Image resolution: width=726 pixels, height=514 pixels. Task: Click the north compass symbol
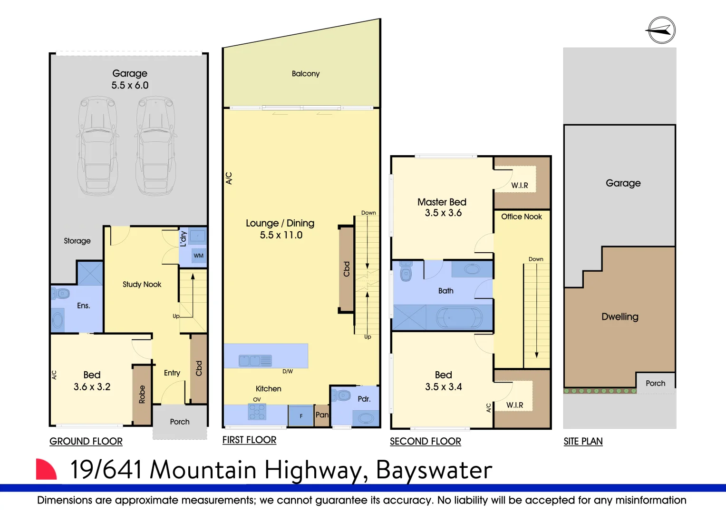point(662,30)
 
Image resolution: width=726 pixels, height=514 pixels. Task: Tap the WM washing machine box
point(198,256)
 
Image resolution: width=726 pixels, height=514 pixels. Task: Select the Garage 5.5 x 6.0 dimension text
point(130,85)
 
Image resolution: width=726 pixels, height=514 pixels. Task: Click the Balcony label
point(306,74)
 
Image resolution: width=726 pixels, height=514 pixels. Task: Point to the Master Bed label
point(442,202)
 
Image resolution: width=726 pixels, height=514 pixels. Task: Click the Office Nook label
point(522,217)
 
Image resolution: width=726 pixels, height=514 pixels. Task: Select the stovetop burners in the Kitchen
point(257,412)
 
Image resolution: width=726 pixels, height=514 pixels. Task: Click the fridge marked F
point(301,415)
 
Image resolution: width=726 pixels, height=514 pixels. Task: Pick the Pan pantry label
point(322,415)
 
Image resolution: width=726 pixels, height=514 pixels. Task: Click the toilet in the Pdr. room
point(340,395)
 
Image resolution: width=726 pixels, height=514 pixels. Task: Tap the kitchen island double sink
point(255,361)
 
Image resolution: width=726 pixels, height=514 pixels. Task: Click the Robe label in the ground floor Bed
point(142,394)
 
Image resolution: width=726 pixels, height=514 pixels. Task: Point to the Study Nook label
point(142,284)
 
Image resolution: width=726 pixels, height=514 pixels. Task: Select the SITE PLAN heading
point(583,441)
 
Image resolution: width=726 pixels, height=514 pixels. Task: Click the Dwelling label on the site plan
point(620,316)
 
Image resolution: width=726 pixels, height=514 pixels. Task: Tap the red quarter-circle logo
point(46,469)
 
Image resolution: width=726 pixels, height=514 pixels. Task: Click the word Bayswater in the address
point(434,470)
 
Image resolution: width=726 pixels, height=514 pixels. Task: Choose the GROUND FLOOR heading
point(86,441)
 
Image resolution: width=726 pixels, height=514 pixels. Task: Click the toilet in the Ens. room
point(60,294)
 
